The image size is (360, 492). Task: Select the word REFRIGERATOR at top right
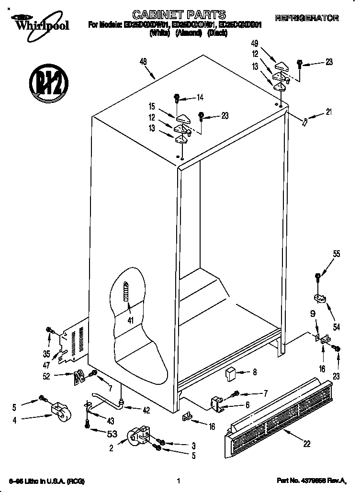(307, 18)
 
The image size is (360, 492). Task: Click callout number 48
(143, 61)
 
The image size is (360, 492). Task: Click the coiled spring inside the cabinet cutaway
(126, 291)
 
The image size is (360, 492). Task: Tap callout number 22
(307, 443)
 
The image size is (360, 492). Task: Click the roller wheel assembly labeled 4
(59, 411)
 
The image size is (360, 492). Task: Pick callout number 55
(337, 255)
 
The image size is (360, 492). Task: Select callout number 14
(200, 98)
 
